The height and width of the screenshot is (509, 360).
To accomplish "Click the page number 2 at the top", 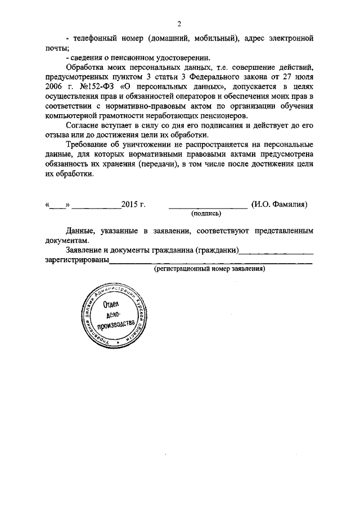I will click(179, 24).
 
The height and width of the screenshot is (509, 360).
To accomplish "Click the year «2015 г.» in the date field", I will click(133, 205).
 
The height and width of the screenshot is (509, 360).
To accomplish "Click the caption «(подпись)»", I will click(206, 214).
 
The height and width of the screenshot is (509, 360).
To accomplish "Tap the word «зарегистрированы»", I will click(76, 260).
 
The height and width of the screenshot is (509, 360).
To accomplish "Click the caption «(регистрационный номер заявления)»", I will click(210, 269).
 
